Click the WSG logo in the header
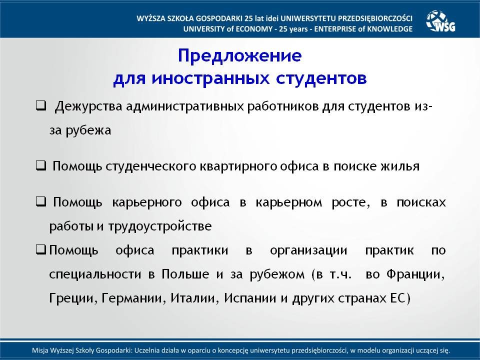point(440,21)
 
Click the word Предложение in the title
point(239,55)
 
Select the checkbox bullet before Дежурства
point(40,106)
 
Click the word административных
point(185,106)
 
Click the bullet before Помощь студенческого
point(40,165)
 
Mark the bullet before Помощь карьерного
point(40,201)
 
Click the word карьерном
point(288,202)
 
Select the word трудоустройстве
point(160,226)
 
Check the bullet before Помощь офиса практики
point(40,249)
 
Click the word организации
point(308,250)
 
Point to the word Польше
point(185,273)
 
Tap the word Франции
point(415,274)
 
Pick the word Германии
point(132,298)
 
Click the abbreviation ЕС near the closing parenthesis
point(398,297)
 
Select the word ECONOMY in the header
point(254,29)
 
